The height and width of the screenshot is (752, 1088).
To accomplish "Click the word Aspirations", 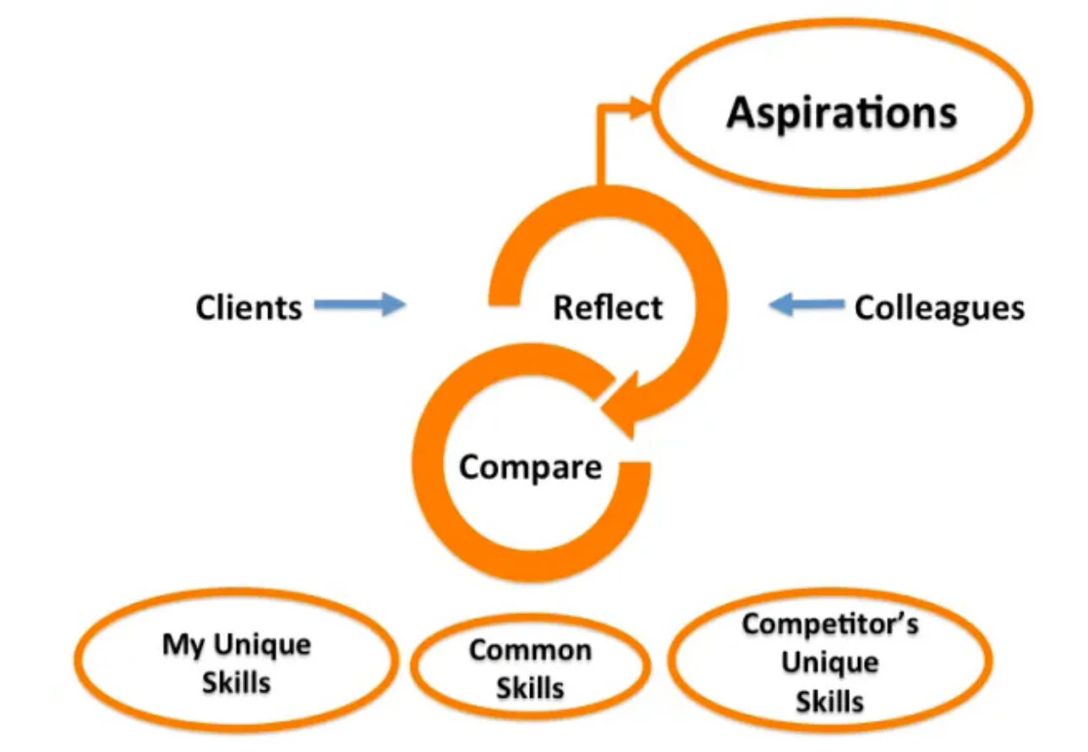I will point(841,113).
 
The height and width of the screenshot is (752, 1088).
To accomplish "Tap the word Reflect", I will point(608,307).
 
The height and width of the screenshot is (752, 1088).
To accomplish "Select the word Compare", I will point(531,466).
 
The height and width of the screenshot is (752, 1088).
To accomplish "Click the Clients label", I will point(249,307).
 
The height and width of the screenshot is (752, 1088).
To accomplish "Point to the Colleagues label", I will point(938,307).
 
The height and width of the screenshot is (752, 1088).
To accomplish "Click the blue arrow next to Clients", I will point(360,305).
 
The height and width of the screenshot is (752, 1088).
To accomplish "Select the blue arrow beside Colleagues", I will point(806,305).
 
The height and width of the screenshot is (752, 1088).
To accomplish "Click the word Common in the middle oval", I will point(530,650).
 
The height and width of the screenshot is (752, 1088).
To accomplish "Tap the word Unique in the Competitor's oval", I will point(829,662).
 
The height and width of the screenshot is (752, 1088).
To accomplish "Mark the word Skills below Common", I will point(530,689).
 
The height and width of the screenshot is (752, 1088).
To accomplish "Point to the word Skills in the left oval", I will point(236,683).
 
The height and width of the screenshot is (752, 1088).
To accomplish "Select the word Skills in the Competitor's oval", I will point(829,700).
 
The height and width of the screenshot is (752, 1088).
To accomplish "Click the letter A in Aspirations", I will point(741,113).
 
